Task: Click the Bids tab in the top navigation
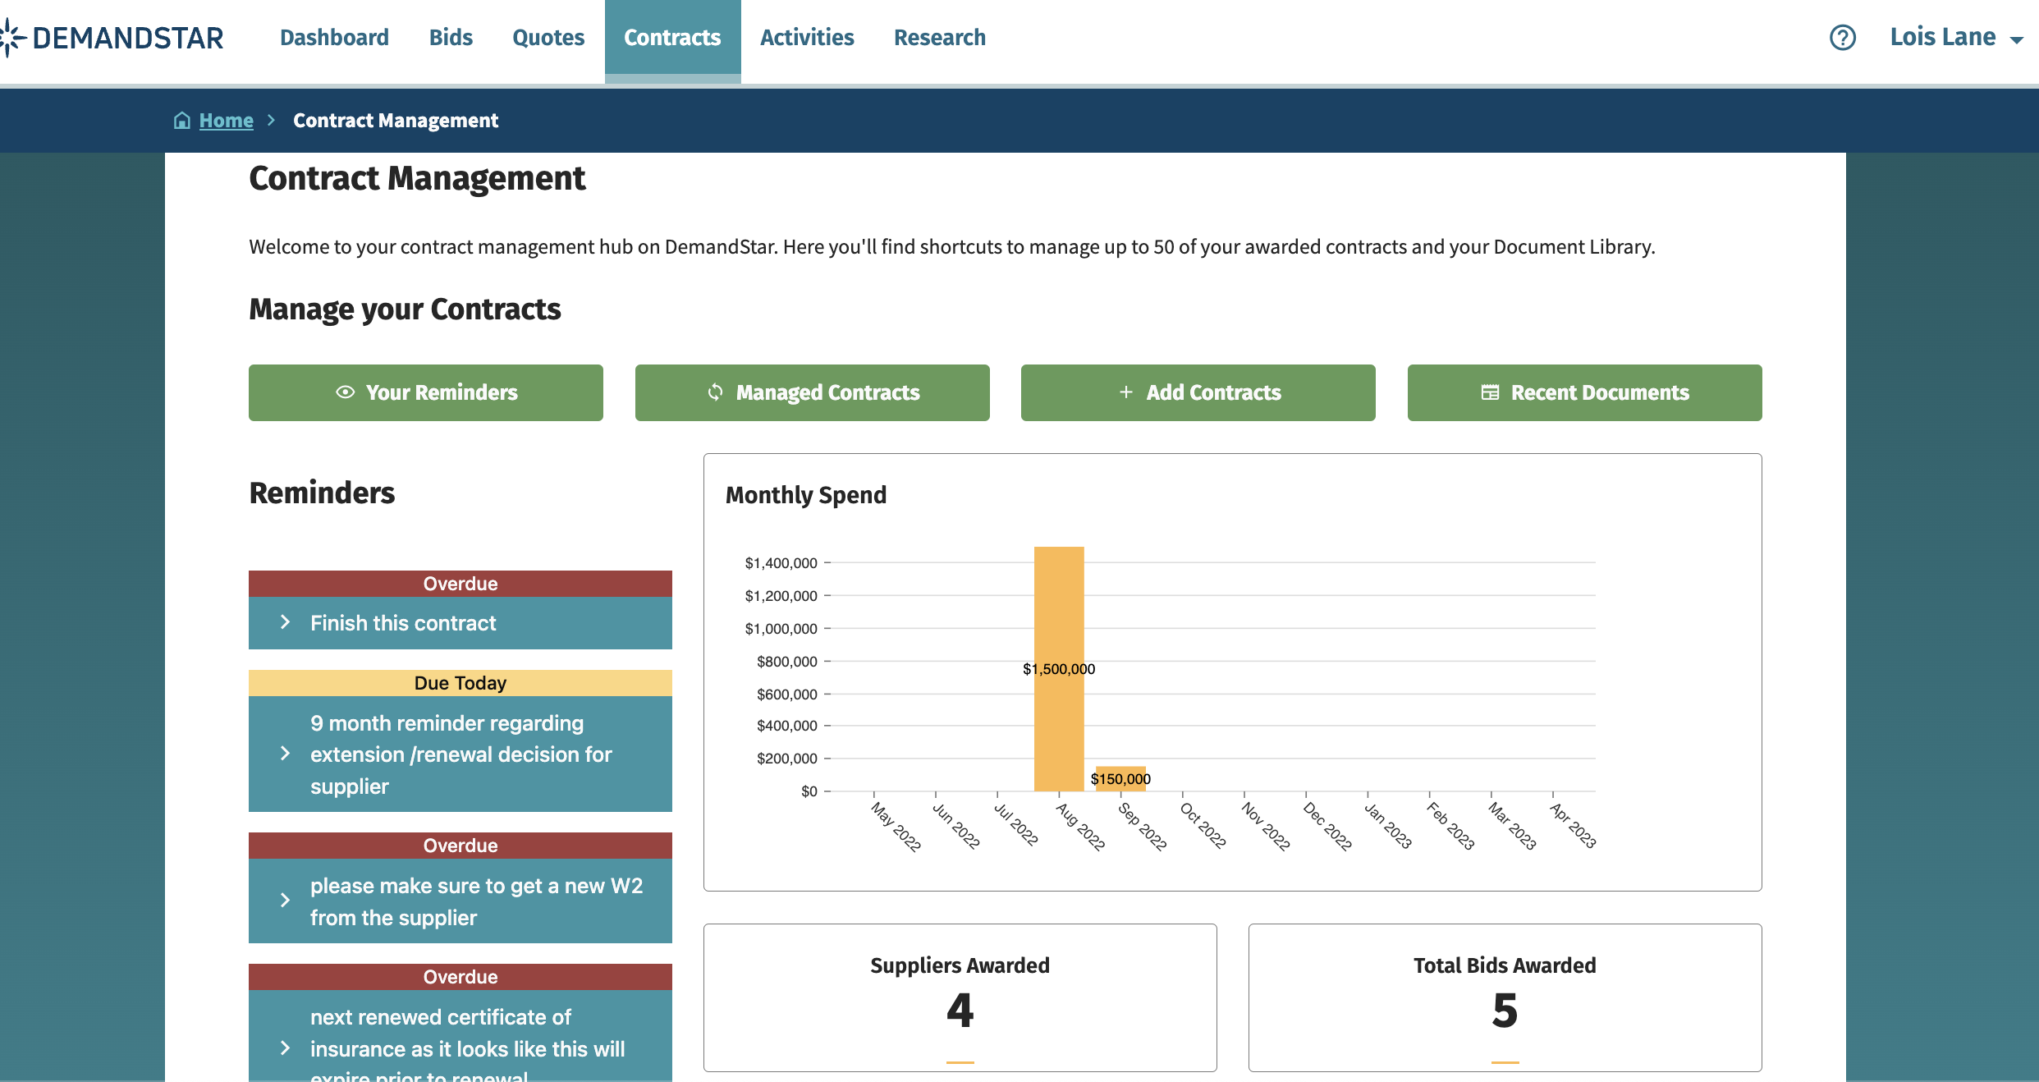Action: coord(451,38)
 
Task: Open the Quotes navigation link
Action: coord(548,38)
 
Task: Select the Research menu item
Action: coord(939,38)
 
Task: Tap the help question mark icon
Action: coord(1842,38)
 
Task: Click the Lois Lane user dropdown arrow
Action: coord(2017,39)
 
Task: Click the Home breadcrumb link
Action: coord(226,121)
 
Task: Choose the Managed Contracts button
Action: coord(812,392)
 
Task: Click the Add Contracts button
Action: coord(1198,392)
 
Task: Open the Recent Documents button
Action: coord(1584,392)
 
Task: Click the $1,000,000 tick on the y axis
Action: coord(781,629)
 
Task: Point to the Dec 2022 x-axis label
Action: coord(1326,827)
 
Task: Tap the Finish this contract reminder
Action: coord(460,623)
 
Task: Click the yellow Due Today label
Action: coord(460,683)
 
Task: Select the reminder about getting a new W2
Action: coord(460,901)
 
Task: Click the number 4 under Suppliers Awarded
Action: coord(960,1010)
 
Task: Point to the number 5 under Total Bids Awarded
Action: coord(1505,1010)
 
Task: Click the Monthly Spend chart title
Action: coord(805,495)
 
